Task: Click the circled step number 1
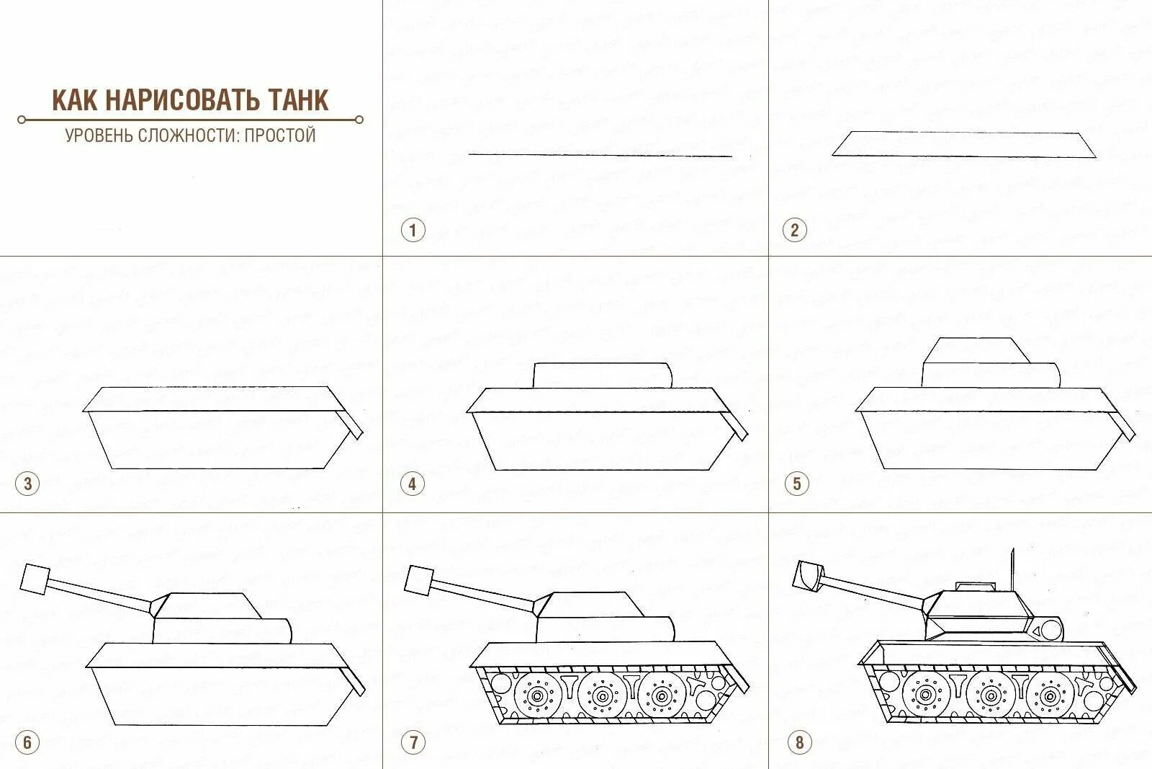point(413,231)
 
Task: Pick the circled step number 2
point(794,231)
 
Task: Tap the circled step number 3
point(28,484)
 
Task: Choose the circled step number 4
point(413,484)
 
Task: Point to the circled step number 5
point(796,484)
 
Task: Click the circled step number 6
point(28,742)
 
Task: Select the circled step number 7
point(413,742)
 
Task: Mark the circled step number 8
point(799,742)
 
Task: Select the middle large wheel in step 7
point(602,696)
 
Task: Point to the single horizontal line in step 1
point(600,154)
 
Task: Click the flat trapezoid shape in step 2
point(964,144)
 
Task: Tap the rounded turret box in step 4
point(603,375)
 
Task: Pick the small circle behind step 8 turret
point(1050,630)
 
